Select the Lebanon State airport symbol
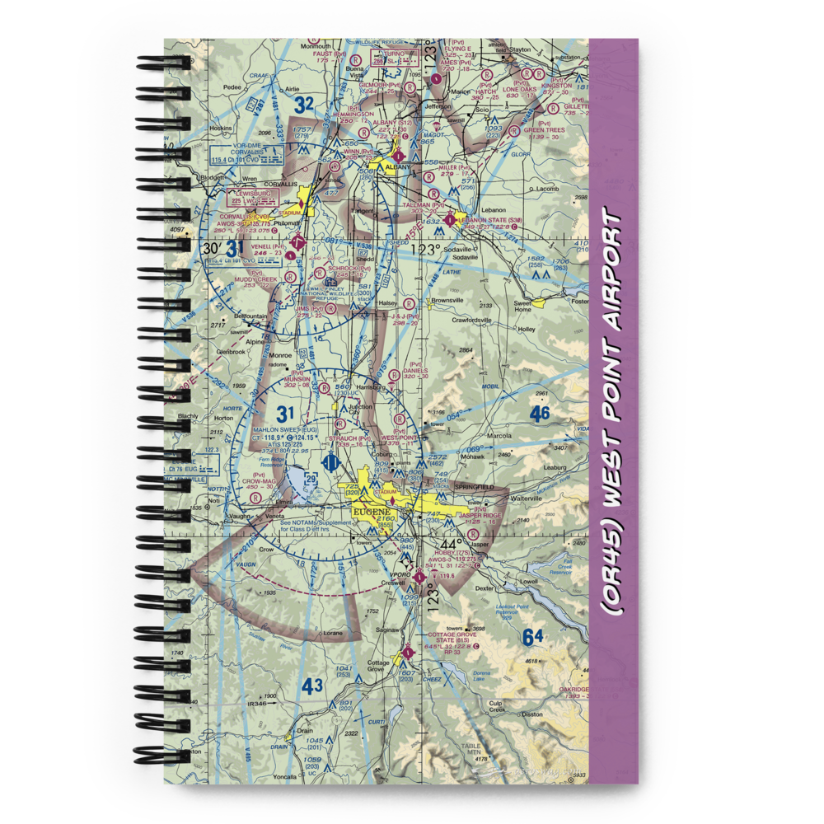(x=450, y=220)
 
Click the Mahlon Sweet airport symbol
(x=330, y=463)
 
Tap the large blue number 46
(x=540, y=414)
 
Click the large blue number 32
(x=303, y=105)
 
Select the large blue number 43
(x=312, y=685)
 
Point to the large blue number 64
(x=533, y=638)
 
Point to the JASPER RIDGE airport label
(x=481, y=516)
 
